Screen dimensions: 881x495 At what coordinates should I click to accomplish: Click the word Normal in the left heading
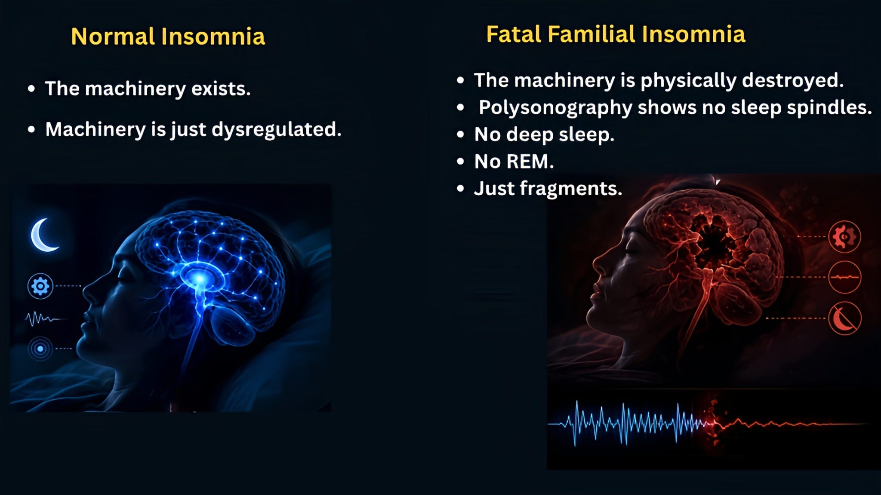(x=113, y=36)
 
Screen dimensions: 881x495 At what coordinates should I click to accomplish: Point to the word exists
(x=221, y=89)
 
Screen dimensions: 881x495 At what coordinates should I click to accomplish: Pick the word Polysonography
(x=555, y=108)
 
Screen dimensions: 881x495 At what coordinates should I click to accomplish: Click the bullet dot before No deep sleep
(x=461, y=134)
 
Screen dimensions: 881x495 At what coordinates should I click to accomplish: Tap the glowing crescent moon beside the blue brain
(x=43, y=235)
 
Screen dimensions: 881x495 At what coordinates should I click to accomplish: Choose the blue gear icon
(x=40, y=286)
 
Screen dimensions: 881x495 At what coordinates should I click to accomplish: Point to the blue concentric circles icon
(x=40, y=348)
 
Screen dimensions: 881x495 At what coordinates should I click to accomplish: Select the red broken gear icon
(x=844, y=237)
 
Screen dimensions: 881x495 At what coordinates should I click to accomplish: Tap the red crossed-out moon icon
(x=844, y=318)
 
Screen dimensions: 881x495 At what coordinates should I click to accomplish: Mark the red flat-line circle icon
(x=844, y=277)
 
